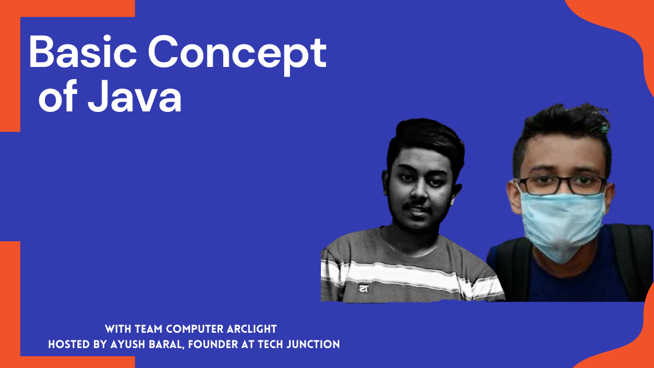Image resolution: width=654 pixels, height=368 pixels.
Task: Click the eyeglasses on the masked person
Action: click(x=562, y=185)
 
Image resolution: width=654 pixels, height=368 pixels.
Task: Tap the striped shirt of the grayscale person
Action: click(x=404, y=268)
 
